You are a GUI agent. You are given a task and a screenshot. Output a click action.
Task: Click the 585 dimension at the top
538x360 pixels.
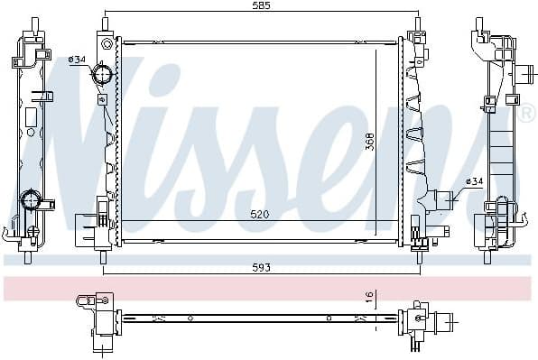pos(261,6)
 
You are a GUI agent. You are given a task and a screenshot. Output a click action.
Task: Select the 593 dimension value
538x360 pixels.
pos(262,268)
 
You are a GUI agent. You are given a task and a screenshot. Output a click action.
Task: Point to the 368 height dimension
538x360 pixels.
pos(370,143)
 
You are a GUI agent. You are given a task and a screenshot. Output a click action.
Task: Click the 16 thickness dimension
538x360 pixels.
pos(370,297)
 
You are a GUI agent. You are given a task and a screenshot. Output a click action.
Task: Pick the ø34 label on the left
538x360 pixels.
pos(77,60)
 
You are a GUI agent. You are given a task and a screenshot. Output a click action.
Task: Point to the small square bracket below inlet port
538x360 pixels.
pos(103,99)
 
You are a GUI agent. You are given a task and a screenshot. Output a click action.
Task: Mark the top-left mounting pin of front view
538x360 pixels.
pos(105,23)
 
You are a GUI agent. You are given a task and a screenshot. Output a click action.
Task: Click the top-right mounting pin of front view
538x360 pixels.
pos(418,23)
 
